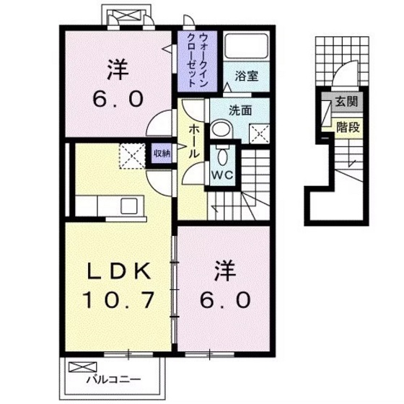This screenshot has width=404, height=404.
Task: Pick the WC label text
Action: [x=221, y=175]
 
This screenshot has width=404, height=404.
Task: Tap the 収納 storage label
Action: [x=162, y=152]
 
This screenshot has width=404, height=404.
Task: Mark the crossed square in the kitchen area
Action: [x=131, y=154]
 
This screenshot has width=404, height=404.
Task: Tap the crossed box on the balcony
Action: [x=76, y=367]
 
